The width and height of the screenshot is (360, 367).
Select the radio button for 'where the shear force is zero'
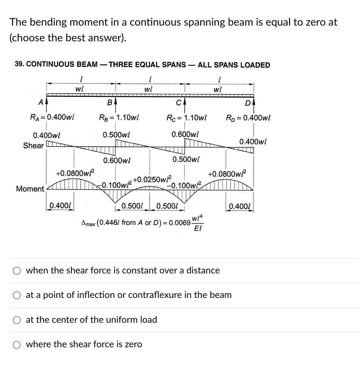[17, 344]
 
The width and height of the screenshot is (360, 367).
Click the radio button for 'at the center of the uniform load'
[17, 320]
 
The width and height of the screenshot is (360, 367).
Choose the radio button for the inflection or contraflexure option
[17, 295]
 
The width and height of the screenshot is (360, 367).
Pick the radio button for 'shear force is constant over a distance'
[17, 271]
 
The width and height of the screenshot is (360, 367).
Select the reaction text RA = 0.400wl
[52, 118]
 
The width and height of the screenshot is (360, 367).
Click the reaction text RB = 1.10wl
[119, 118]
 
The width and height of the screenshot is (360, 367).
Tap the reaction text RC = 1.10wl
[187, 118]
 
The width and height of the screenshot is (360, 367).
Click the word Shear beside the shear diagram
[33, 145]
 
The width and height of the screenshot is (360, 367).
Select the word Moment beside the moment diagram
[30, 189]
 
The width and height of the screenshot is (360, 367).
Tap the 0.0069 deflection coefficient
[180, 223]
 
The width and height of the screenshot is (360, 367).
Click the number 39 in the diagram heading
[19, 65]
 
